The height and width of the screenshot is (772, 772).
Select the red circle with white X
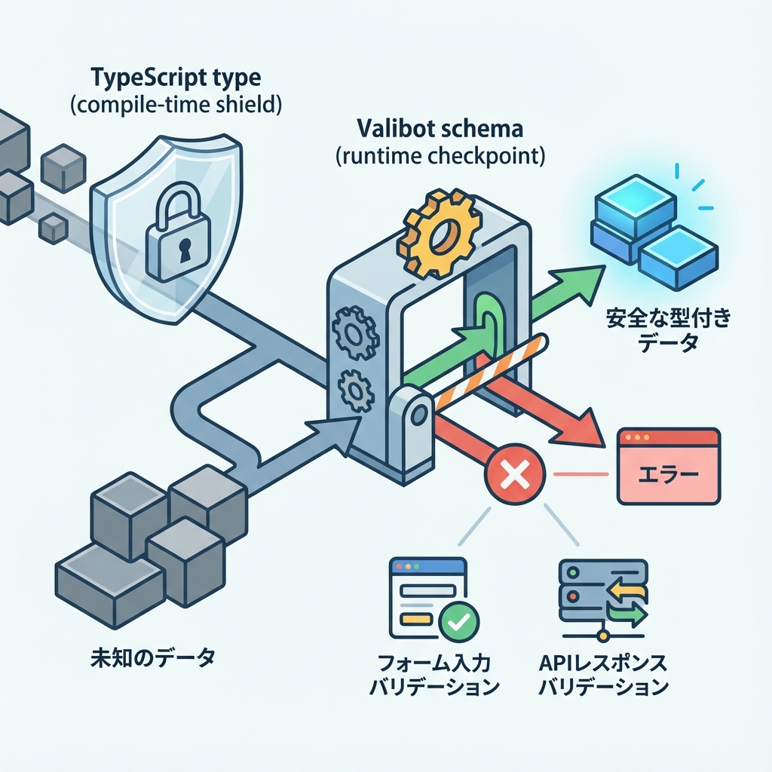516,474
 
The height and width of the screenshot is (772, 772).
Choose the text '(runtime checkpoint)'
440,157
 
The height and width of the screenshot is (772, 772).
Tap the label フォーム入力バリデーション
435,675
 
